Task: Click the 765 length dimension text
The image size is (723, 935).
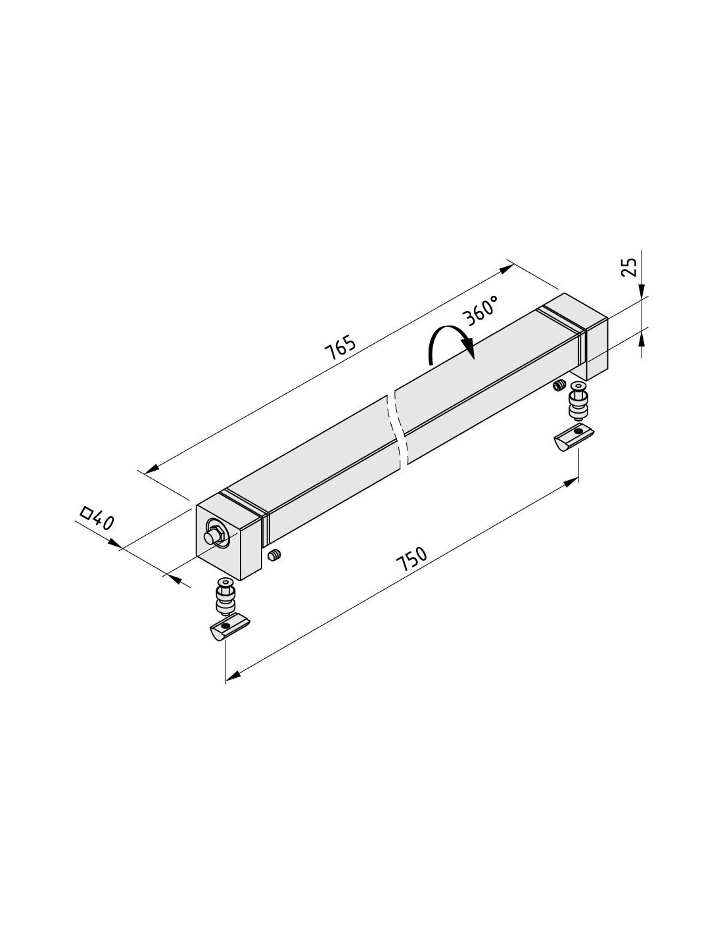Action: pos(340,347)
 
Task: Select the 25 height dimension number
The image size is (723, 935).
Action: pos(629,267)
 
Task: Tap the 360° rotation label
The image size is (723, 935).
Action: pos(481,310)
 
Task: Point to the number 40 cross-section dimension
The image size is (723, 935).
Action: pos(103,521)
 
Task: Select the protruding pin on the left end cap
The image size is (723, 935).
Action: pos(212,537)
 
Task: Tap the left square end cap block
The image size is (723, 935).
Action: pos(228,535)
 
